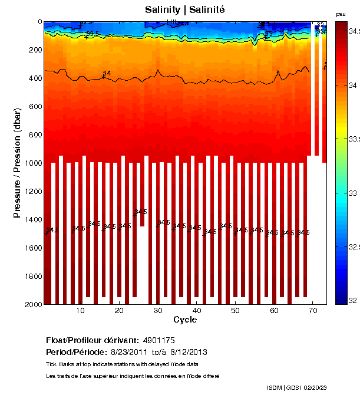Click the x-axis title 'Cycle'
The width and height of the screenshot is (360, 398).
click(x=185, y=320)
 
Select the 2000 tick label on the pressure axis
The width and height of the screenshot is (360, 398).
click(x=31, y=304)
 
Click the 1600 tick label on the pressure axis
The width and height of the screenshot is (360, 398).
click(x=31, y=248)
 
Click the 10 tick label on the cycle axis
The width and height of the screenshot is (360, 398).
click(x=80, y=311)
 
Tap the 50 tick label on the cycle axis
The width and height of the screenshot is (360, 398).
click(x=235, y=311)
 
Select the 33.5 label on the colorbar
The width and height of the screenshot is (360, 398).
click(x=352, y=140)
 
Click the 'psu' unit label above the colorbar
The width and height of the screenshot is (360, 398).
click(x=341, y=14)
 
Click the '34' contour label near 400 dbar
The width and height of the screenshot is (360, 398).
click(x=107, y=73)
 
